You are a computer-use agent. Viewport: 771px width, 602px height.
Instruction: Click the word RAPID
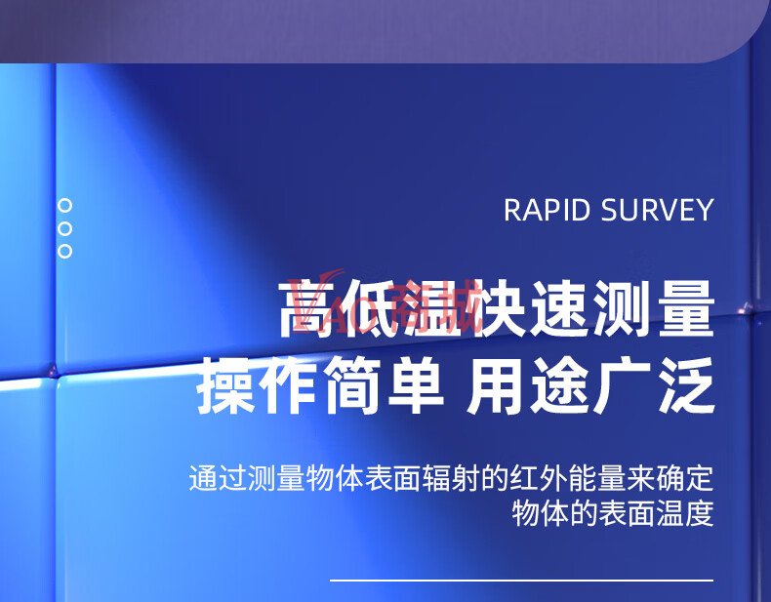(547, 210)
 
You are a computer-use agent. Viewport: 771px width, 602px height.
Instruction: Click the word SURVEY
(657, 210)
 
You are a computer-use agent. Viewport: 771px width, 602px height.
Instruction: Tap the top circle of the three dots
(65, 206)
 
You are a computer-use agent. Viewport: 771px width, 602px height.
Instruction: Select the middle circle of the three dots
(65, 228)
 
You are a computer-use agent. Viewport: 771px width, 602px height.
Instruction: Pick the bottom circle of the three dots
(65, 251)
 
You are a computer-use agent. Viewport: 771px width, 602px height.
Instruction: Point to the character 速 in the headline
(560, 308)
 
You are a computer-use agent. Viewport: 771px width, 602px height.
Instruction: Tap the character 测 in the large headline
(624, 308)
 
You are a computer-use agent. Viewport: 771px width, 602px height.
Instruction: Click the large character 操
(226, 385)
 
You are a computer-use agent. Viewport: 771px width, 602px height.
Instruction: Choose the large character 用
(495, 385)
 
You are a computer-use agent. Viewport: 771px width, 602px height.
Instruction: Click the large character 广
(623, 385)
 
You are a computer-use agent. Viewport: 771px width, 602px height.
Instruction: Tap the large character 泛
(686, 385)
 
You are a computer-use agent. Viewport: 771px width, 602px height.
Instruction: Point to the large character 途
(559, 385)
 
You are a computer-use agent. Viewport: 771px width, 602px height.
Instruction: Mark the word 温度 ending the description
(684, 514)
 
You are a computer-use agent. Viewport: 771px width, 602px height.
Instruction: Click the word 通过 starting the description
(218, 478)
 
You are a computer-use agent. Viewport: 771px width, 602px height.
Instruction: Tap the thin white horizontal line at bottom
(521, 581)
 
